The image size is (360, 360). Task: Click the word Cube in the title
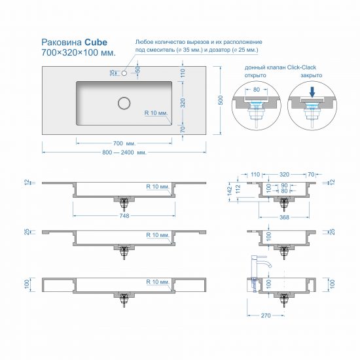[x=96, y=43]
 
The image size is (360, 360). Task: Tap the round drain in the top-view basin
[x=124, y=103]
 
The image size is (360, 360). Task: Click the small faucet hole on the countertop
[x=124, y=73]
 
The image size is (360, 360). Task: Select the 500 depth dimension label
[x=220, y=100]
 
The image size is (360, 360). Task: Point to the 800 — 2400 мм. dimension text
[x=124, y=153]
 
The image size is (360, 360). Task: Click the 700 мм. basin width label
[x=124, y=143]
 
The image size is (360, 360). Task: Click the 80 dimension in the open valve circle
[x=256, y=89]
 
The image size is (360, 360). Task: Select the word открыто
[x=255, y=75]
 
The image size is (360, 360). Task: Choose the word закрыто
[x=312, y=75]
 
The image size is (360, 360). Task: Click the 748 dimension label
[x=124, y=215]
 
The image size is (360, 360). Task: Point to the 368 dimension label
[x=284, y=217]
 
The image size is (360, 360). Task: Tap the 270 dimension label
[x=266, y=315]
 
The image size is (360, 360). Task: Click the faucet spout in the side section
[x=267, y=262]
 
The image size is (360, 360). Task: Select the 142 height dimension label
[x=230, y=190]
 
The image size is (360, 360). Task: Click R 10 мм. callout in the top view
[x=156, y=113]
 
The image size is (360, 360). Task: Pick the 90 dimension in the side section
[x=284, y=185]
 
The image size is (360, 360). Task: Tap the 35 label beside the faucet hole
[x=113, y=73]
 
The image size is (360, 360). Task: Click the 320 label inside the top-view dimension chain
[x=183, y=103]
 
